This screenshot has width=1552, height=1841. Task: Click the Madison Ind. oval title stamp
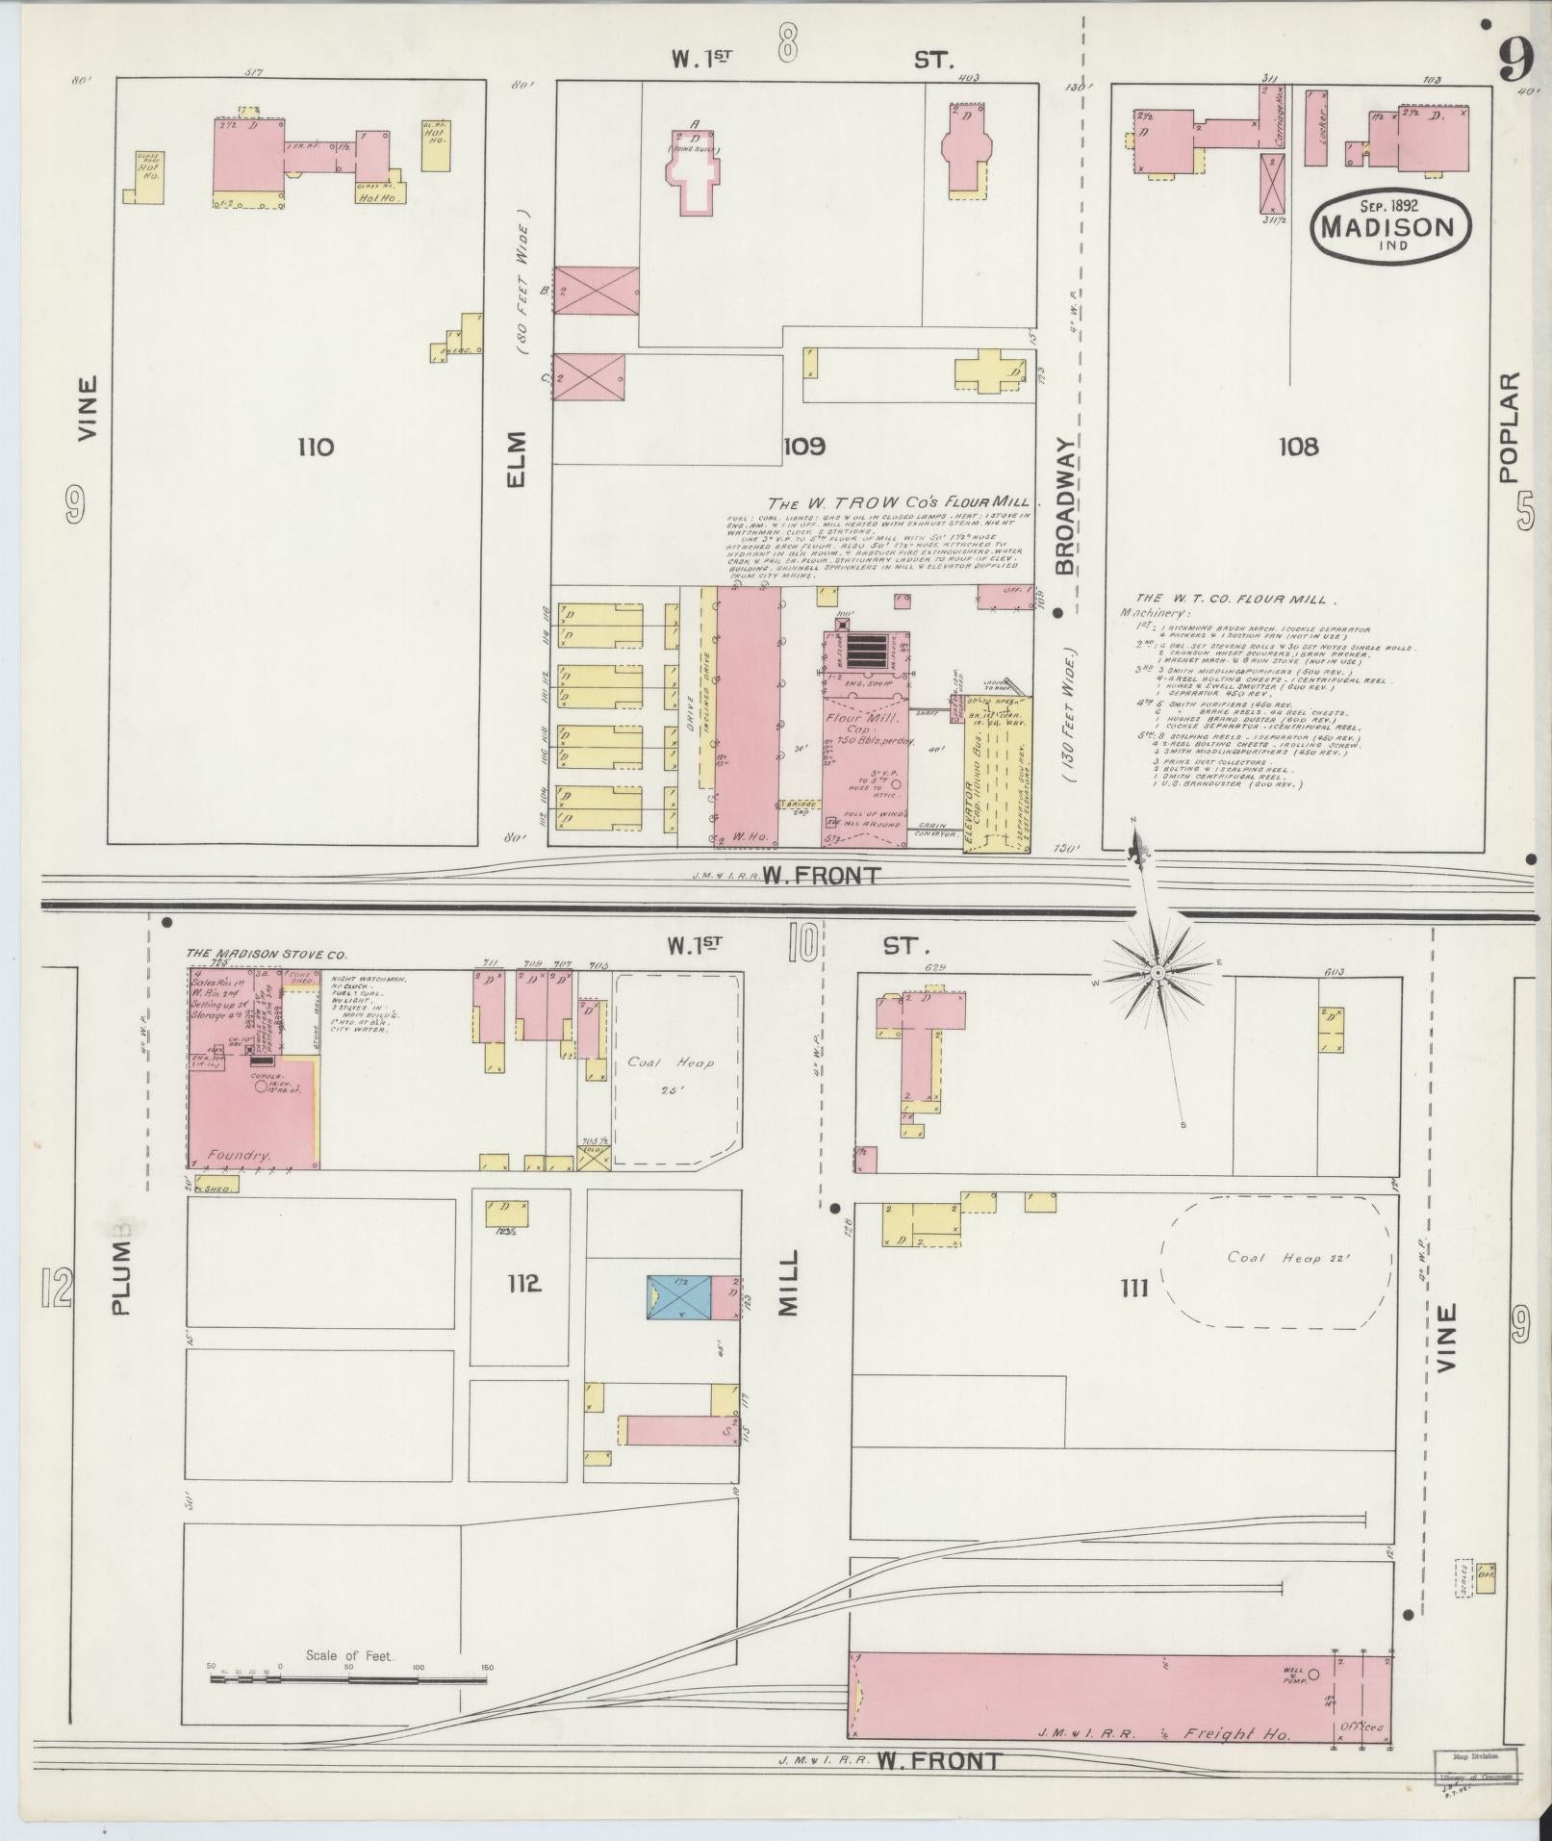click(1391, 225)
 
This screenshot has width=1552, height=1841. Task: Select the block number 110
click(316, 447)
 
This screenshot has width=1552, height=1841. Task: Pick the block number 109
click(803, 447)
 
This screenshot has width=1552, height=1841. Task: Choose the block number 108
click(1299, 447)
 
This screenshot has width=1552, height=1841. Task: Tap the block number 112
click(524, 1283)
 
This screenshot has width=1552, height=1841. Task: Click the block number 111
click(1134, 1288)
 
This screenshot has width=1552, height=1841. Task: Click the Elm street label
click(517, 458)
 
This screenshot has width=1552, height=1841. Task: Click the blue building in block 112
click(678, 1296)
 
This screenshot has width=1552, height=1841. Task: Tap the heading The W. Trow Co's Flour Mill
click(898, 502)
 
